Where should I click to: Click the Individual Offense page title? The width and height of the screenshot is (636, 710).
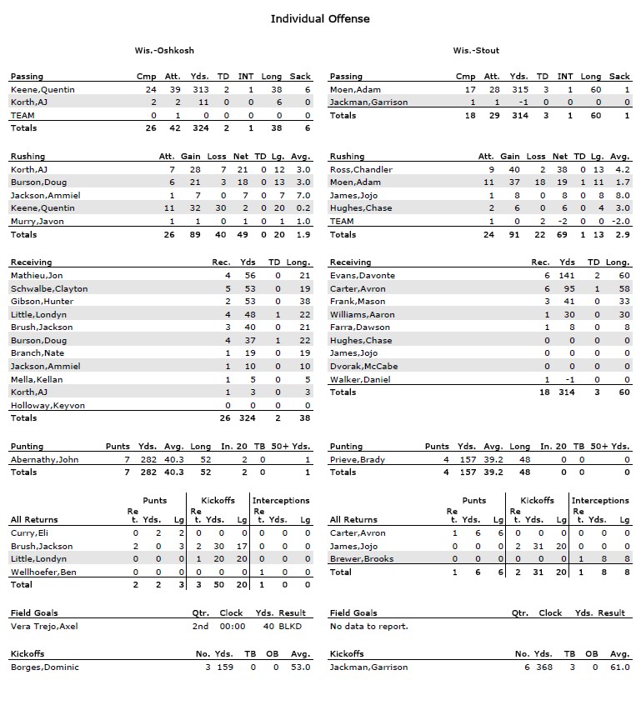click(x=320, y=18)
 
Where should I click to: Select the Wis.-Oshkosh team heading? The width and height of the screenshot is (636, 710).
click(x=164, y=50)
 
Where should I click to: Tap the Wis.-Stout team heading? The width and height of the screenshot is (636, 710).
click(x=476, y=50)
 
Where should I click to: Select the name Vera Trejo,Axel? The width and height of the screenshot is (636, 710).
click(x=44, y=626)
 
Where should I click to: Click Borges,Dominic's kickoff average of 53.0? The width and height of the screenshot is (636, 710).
click(x=300, y=667)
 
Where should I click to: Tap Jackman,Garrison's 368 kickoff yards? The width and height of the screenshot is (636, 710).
click(x=543, y=667)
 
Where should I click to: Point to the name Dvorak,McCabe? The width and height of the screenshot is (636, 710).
click(x=363, y=366)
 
